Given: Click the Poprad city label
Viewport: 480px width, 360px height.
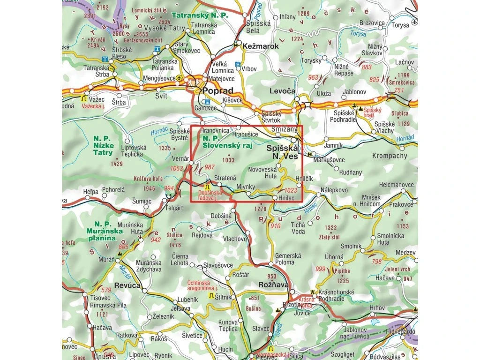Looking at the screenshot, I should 217,91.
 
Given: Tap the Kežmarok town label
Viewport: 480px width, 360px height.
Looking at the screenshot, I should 261,46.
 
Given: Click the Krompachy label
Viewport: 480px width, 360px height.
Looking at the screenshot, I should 390,156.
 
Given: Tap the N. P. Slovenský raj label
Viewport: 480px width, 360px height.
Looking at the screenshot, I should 227,142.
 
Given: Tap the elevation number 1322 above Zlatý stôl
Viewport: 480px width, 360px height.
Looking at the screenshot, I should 331,228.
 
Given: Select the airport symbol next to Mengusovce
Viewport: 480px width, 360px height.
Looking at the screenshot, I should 180,79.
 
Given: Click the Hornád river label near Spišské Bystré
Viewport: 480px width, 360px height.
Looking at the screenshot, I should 159,133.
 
